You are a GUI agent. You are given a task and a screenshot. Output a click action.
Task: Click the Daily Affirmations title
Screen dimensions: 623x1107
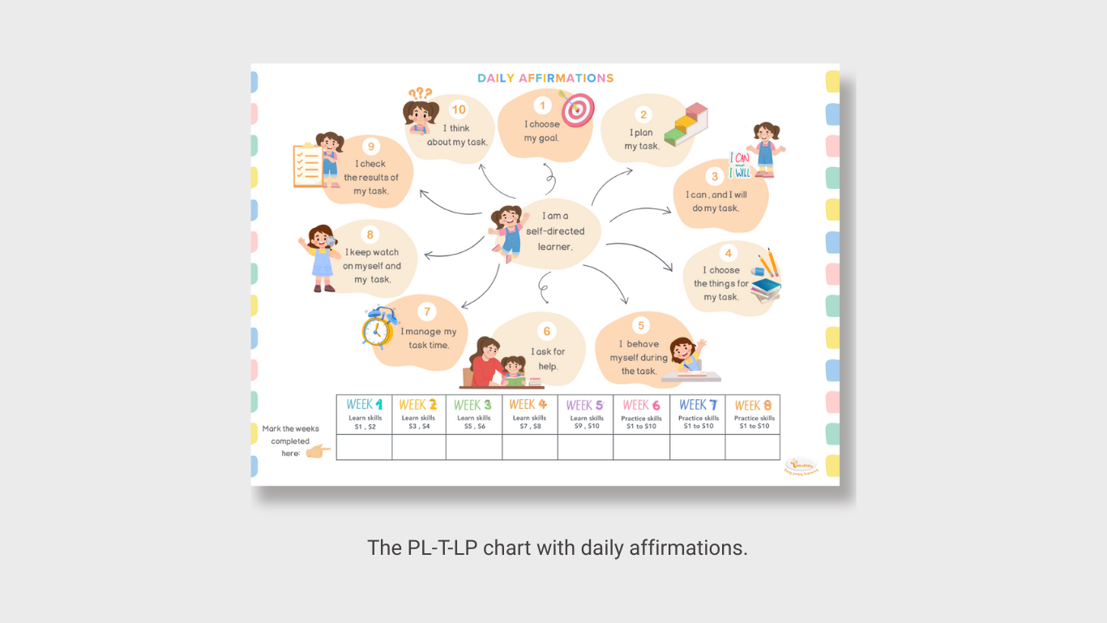(545, 79)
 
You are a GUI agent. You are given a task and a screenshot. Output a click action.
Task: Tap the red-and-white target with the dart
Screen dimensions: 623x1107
(577, 110)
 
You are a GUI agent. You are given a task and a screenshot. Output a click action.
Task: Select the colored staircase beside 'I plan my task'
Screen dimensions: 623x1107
(686, 124)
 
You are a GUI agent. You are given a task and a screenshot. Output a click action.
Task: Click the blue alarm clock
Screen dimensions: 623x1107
(378, 328)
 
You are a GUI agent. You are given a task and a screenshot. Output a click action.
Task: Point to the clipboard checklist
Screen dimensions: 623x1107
(309, 165)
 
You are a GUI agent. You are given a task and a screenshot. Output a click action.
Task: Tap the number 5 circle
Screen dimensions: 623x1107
(641, 325)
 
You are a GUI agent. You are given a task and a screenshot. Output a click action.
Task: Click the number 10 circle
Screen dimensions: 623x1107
(459, 110)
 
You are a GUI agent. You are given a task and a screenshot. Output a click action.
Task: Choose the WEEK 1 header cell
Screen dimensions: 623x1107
(364, 415)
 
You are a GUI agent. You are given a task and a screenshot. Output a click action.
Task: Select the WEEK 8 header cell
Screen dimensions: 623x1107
(752, 415)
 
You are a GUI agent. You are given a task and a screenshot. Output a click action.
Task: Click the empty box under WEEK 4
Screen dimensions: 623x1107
(529, 447)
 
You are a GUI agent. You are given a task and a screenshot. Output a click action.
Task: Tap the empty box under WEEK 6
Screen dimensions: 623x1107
(641, 447)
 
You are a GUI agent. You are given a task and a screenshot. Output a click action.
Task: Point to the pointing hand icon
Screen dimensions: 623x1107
(318, 451)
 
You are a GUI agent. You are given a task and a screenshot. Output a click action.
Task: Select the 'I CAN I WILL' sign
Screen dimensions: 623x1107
(740, 165)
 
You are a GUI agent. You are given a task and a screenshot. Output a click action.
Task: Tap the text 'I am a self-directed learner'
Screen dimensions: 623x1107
(555, 231)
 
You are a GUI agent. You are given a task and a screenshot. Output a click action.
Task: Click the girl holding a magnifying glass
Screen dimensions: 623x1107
(322, 257)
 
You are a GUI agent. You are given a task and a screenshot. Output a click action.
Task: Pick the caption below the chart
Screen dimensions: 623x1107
(558, 548)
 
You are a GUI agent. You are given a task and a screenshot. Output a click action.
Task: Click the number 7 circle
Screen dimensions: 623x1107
(427, 311)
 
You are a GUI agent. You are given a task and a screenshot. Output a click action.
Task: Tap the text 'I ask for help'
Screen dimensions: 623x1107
(549, 359)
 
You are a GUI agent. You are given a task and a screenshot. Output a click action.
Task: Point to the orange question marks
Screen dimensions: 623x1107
(420, 94)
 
